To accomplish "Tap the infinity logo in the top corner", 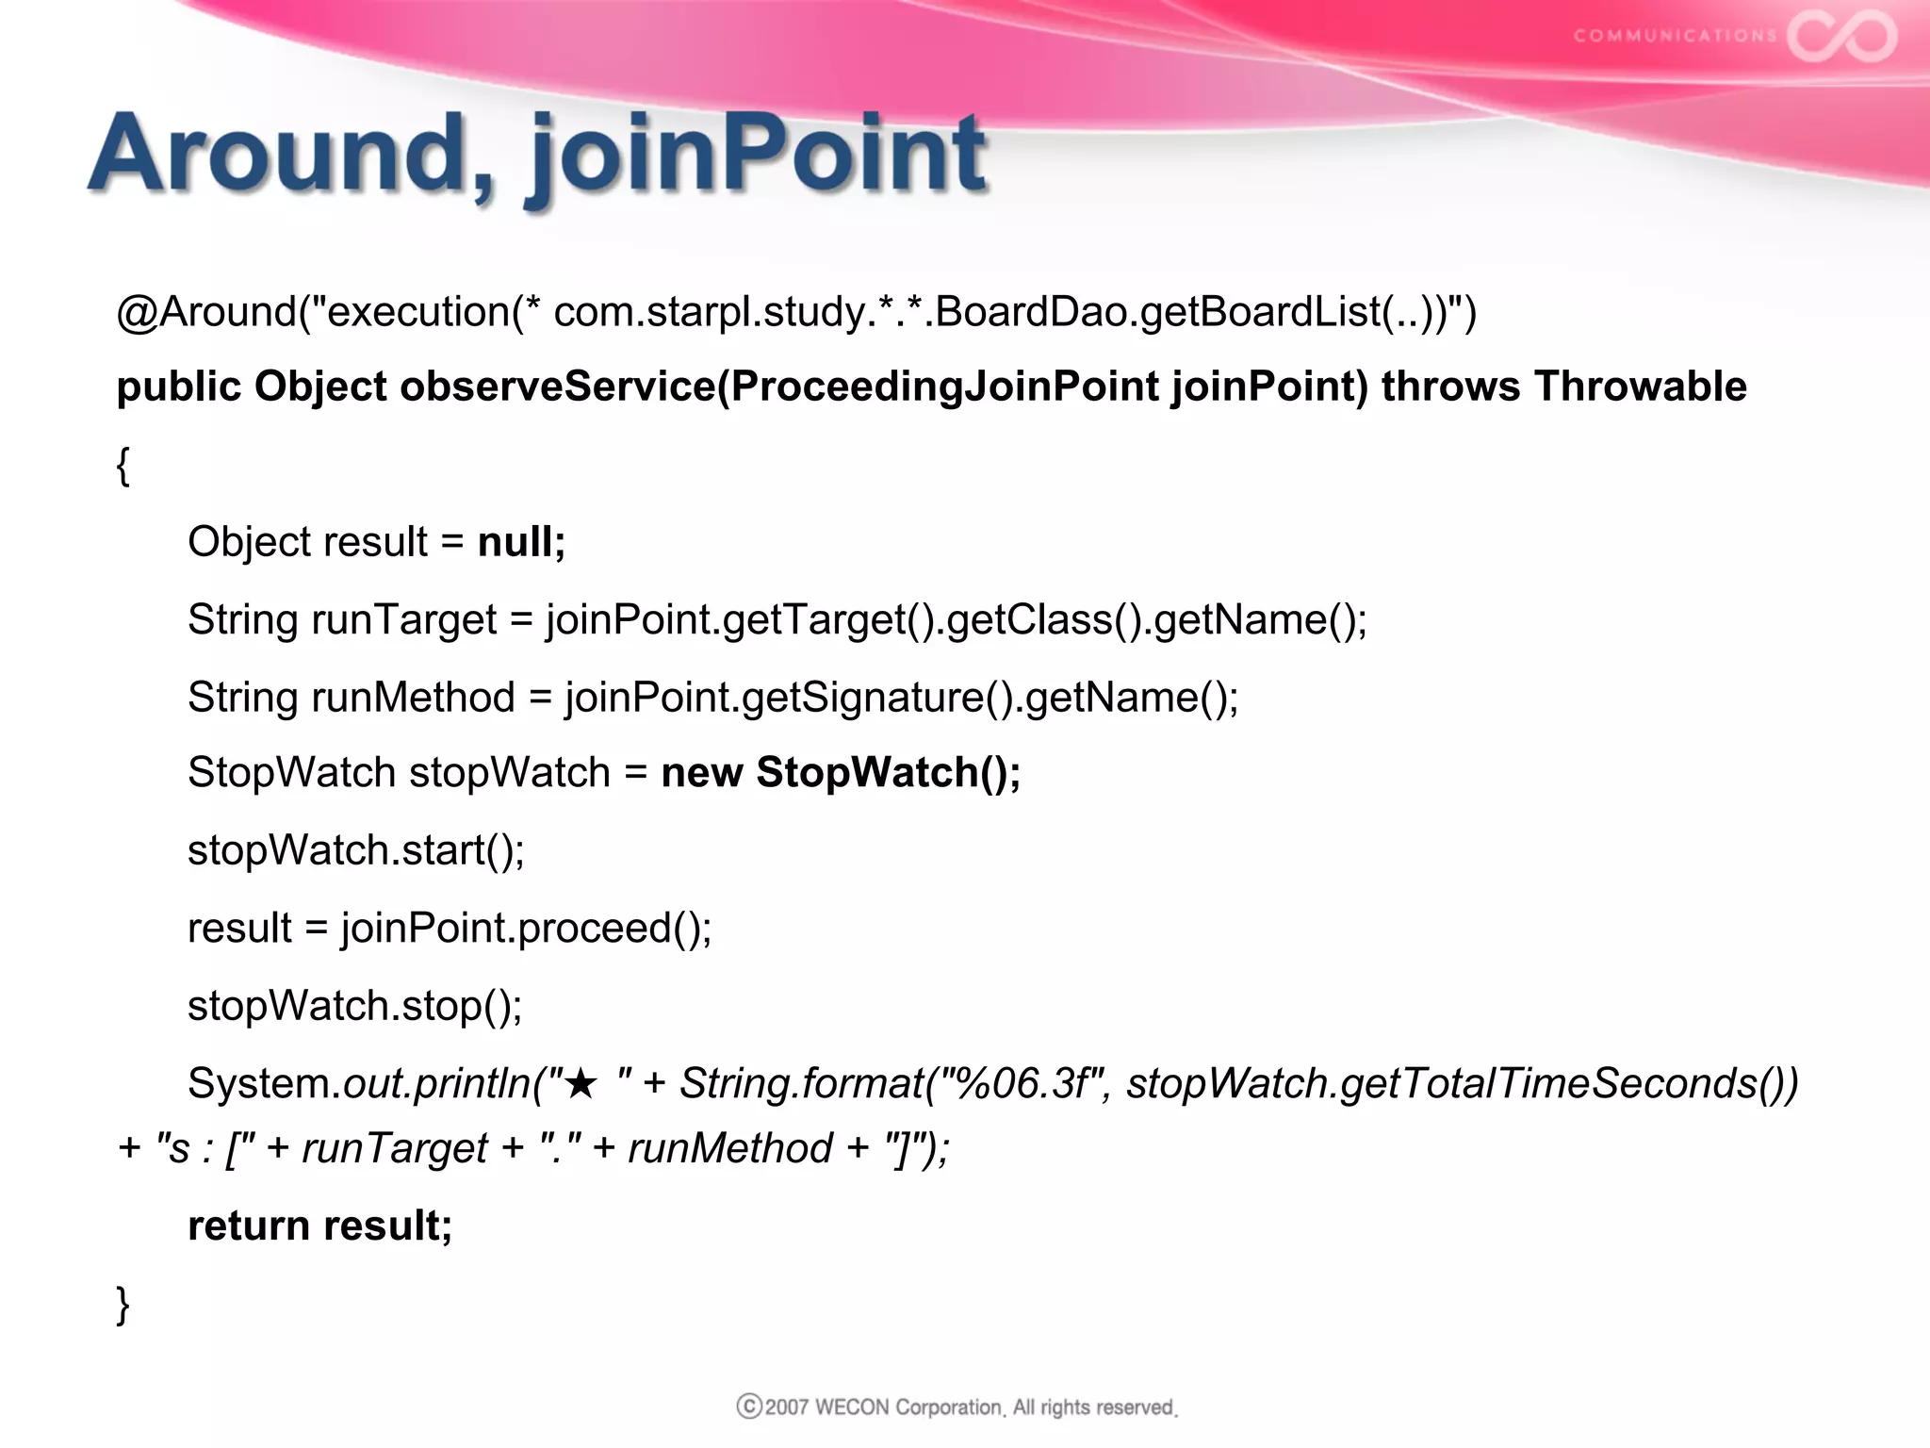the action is point(1842,37).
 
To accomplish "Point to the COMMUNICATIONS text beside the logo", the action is point(1675,36).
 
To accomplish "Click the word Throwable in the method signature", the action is point(1640,387).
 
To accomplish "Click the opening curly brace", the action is point(123,465).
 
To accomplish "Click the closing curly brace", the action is point(123,1305).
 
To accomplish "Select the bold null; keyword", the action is point(521,542).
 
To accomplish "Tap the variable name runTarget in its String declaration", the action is point(403,620).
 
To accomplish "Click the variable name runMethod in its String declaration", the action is point(413,698).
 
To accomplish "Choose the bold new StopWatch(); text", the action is point(841,773).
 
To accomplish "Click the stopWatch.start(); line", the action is point(355,850).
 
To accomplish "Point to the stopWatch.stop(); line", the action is point(354,1006).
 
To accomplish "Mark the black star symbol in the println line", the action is point(581,1084).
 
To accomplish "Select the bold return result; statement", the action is point(319,1226).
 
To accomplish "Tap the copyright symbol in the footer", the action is point(749,1407).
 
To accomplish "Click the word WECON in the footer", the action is point(852,1407).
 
